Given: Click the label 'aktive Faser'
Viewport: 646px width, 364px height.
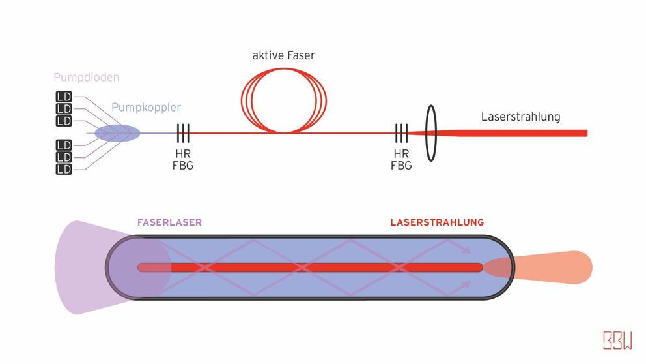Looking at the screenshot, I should pos(283,56).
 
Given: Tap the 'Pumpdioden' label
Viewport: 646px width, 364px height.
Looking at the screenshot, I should pos(86,78).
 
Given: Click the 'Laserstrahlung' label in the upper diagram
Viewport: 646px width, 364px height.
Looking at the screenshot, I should pos(520,117).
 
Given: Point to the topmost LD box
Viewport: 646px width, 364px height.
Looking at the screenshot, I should pos(63,97).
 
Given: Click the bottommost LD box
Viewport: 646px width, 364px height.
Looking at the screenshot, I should pos(63,169).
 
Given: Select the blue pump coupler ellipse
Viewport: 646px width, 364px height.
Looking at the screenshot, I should pos(117,133).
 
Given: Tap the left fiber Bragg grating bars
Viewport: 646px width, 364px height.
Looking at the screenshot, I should pos(183,133).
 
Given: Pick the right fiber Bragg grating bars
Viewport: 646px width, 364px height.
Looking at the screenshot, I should pos(401,133).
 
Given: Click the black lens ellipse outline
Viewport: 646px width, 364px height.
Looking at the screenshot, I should pos(430,133).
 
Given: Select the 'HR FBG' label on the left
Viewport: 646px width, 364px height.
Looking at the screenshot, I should pos(183,160).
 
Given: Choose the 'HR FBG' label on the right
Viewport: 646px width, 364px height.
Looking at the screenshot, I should pos(401,160).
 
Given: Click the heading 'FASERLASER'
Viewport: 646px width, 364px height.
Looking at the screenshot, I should pos(169,222).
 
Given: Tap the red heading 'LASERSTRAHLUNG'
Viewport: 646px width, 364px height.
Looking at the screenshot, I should pos(437,222).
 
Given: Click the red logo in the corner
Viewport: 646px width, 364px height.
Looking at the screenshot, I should pos(617,341).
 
